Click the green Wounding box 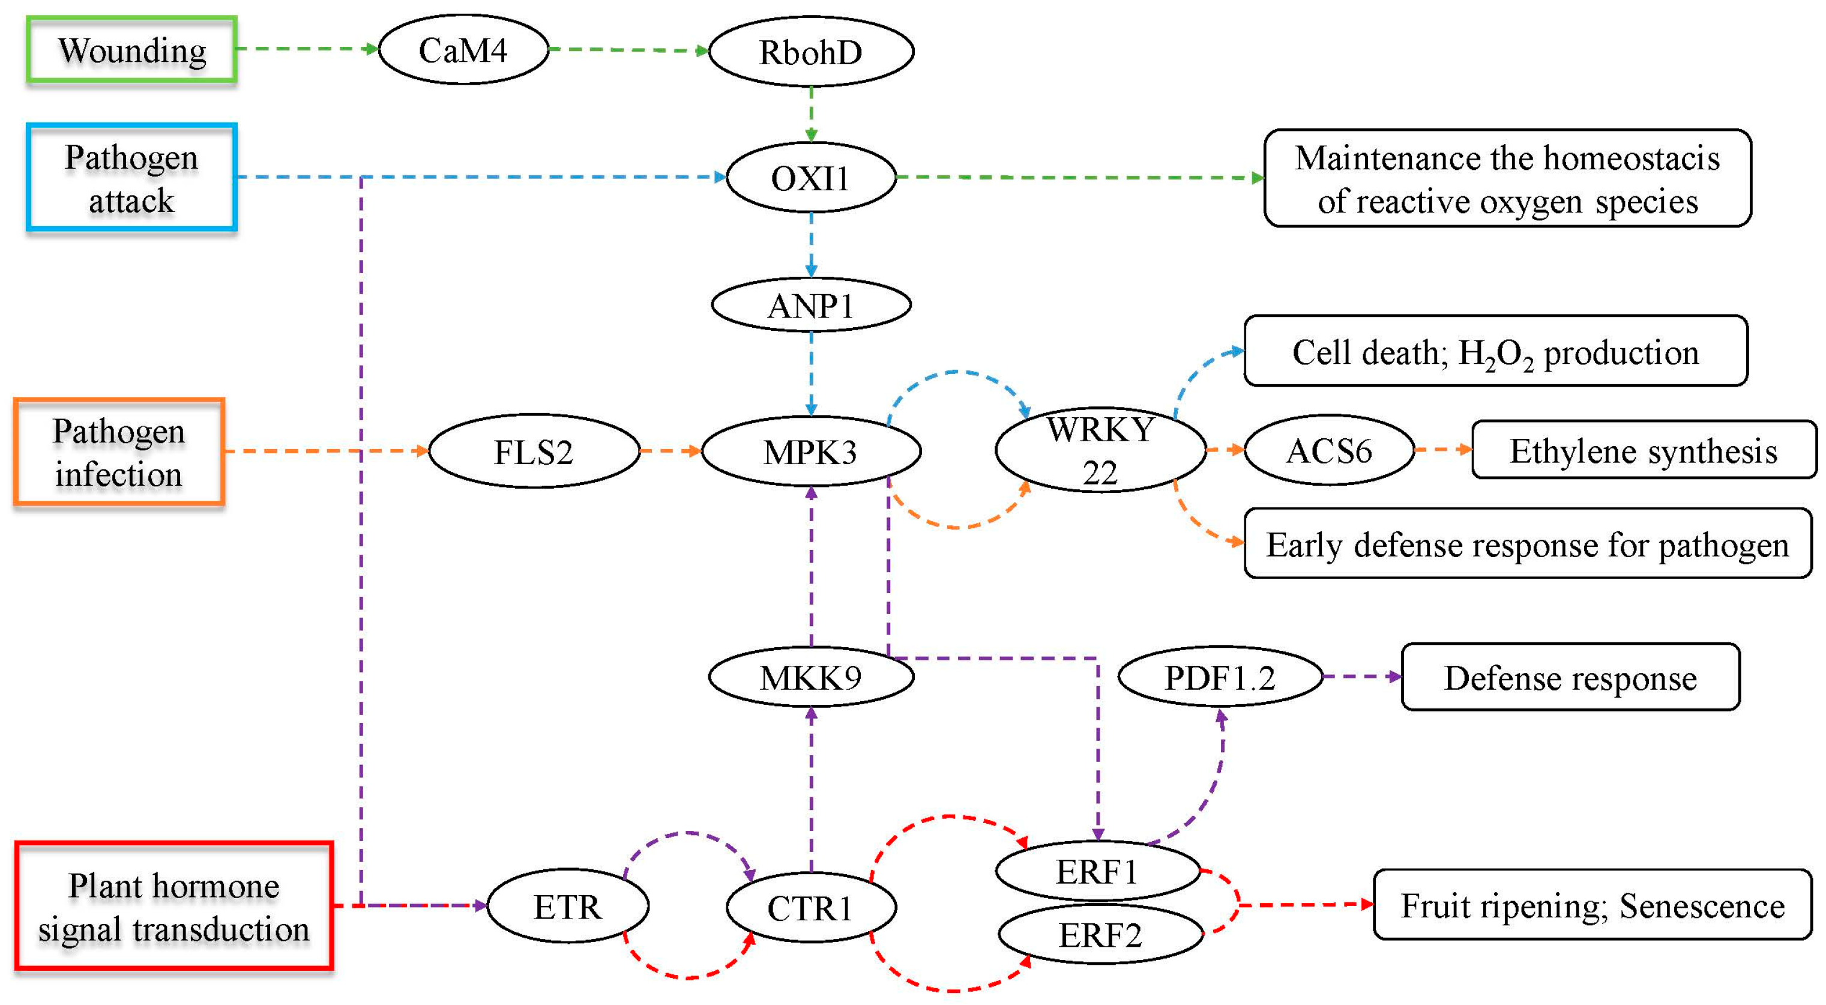(131, 50)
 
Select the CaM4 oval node (463, 50)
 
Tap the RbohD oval (811, 52)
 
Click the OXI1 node (811, 178)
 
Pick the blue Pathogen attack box (131, 178)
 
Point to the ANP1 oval (811, 306)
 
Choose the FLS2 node (534, 451)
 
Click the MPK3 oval (811, 451)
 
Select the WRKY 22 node (1100, 450)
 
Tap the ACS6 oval (1329, 451)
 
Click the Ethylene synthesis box (1643, 451)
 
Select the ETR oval (568, 907)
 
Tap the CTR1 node (811, 908)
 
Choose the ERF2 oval (1100, 935)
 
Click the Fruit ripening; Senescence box (1592, 905)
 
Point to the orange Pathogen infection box (119, 452)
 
